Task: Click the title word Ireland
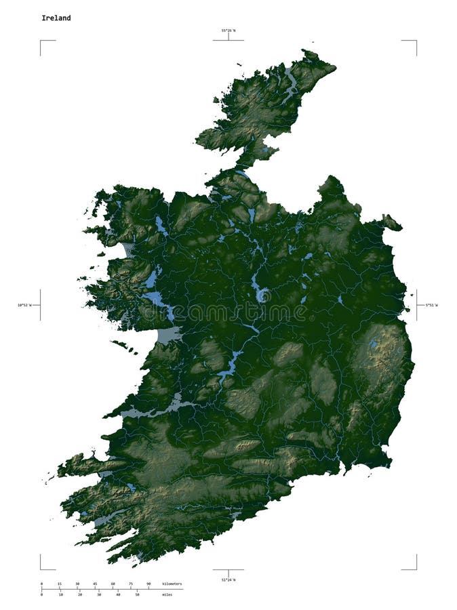(56, 18)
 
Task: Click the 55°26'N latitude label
(228, 30)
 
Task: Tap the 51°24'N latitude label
(228, 580)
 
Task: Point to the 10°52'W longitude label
(26, 305)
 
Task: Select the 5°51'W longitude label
(432, 305)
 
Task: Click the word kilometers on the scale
(172, 584)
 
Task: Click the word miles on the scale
(167, 594)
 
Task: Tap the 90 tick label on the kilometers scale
(148, 584)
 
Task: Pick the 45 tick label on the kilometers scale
(95, 584)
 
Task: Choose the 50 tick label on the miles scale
(137, 594)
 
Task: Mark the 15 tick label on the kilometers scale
(59, 584)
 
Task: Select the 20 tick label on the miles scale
(79, 594)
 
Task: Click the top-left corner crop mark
(41, 41)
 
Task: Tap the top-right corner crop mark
(416, 41)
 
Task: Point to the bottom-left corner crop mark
(41, 569)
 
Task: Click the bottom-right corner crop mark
(416, 569)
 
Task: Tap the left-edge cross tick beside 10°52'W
(40, 305)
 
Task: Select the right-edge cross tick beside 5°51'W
(416, 305)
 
